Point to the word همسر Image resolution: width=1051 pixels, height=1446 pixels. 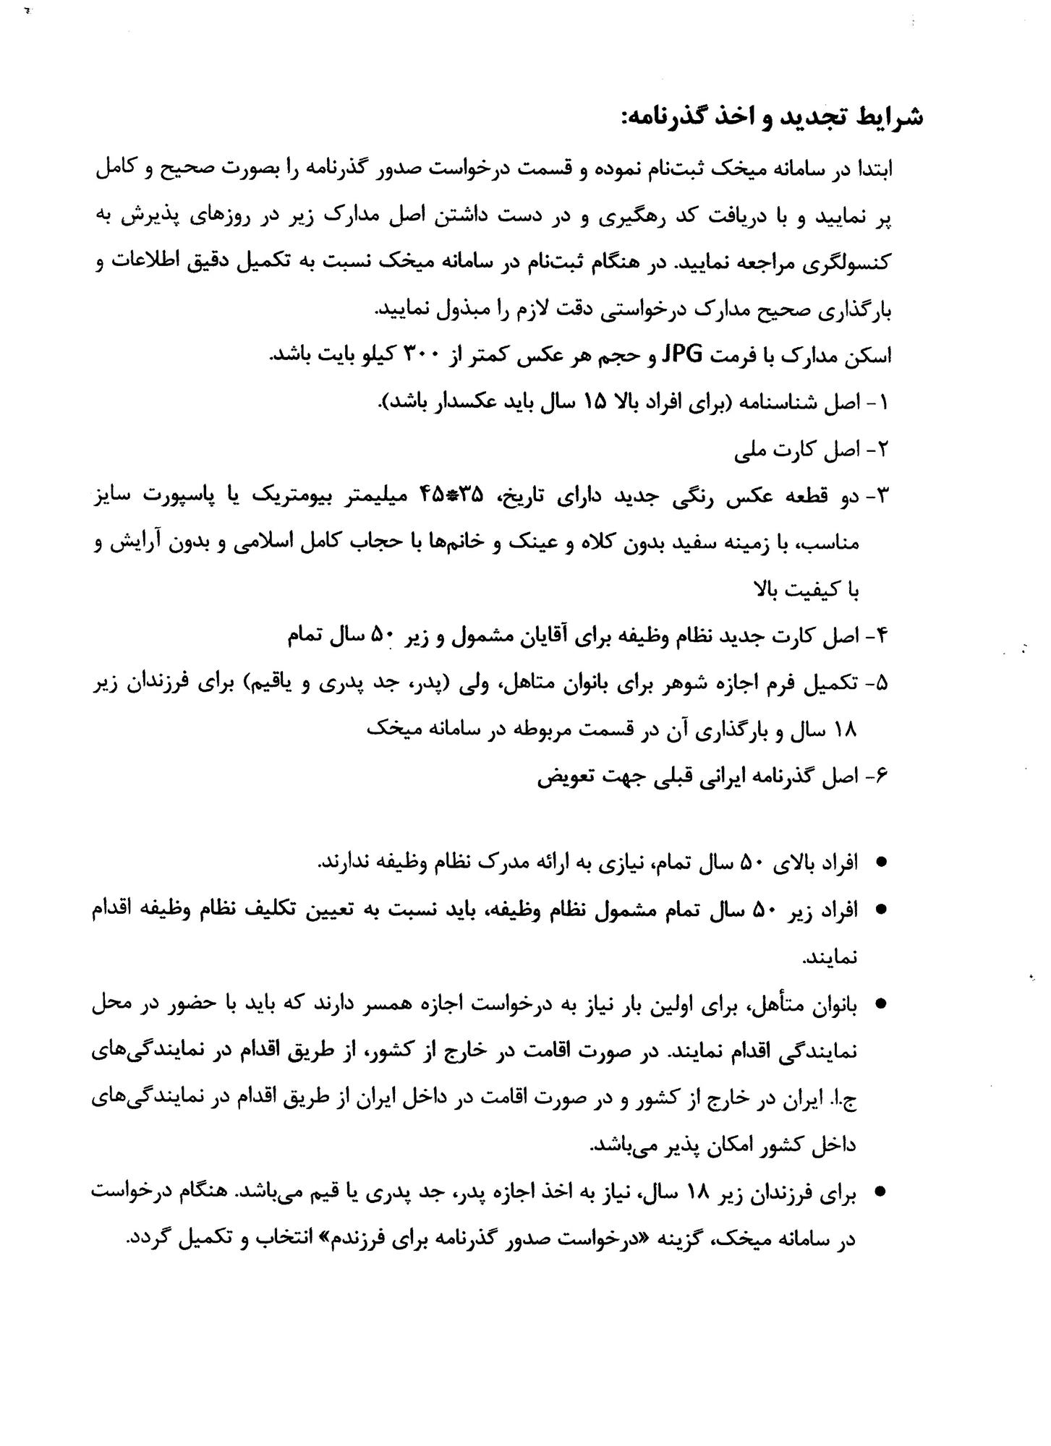412,1004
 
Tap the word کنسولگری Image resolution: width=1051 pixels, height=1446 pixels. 855,262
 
